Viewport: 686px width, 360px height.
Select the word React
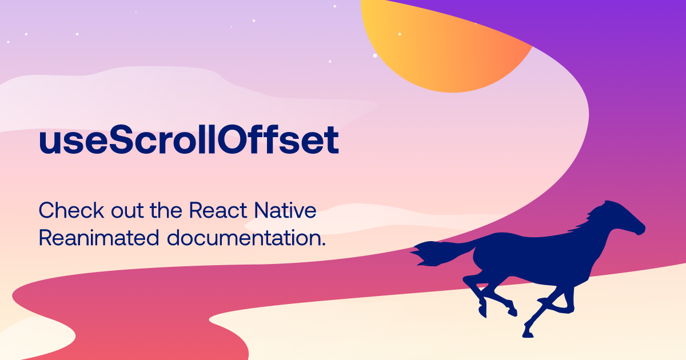click(x=218, y=211)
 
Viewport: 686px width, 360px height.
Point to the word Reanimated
click(x=98, y=238)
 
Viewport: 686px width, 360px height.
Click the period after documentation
click(x=323, y=244)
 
